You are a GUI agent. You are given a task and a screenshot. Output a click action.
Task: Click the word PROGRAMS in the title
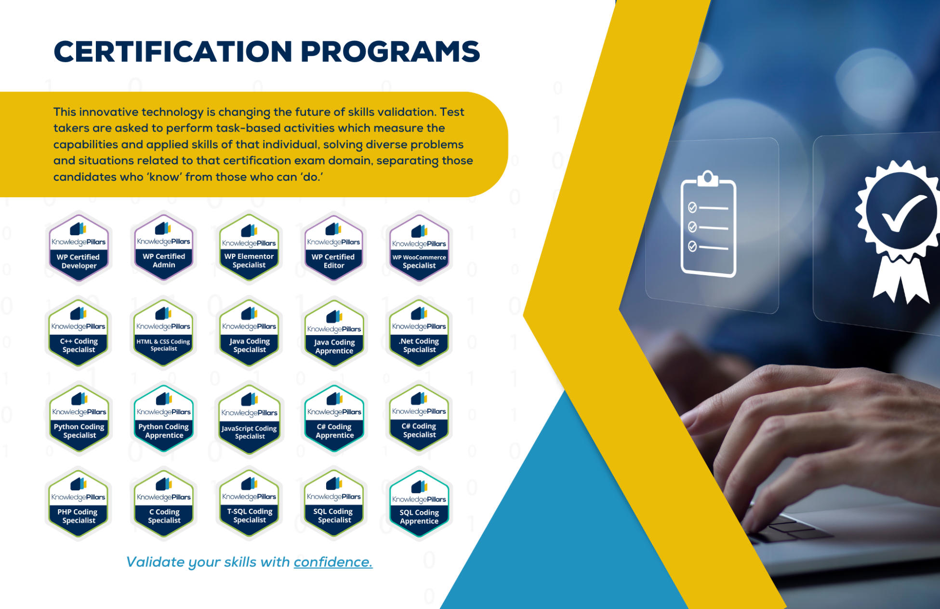390,52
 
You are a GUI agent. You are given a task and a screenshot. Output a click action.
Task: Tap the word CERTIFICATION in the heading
173,52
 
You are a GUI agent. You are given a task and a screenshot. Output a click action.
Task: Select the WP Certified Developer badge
79,248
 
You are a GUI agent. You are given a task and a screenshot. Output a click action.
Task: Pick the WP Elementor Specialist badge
249,248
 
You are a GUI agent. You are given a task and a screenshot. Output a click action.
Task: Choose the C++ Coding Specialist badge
79,333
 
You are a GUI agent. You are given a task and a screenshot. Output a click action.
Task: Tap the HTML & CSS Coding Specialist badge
163,333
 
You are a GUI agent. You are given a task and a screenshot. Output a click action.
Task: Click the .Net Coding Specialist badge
419,333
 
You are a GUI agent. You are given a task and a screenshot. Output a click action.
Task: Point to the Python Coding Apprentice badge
164,419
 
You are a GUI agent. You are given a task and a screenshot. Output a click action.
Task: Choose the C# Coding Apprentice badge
334,419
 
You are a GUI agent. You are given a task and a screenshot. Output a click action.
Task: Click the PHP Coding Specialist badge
79,504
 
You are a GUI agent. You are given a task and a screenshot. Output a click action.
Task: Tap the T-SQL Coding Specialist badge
249,504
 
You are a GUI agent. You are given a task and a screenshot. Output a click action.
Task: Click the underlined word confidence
333,562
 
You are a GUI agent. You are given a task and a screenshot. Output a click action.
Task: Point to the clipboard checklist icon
708,224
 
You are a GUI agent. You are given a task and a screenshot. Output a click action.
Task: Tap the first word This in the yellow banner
65,112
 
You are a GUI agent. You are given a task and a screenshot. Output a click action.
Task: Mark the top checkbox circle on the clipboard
692,207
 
